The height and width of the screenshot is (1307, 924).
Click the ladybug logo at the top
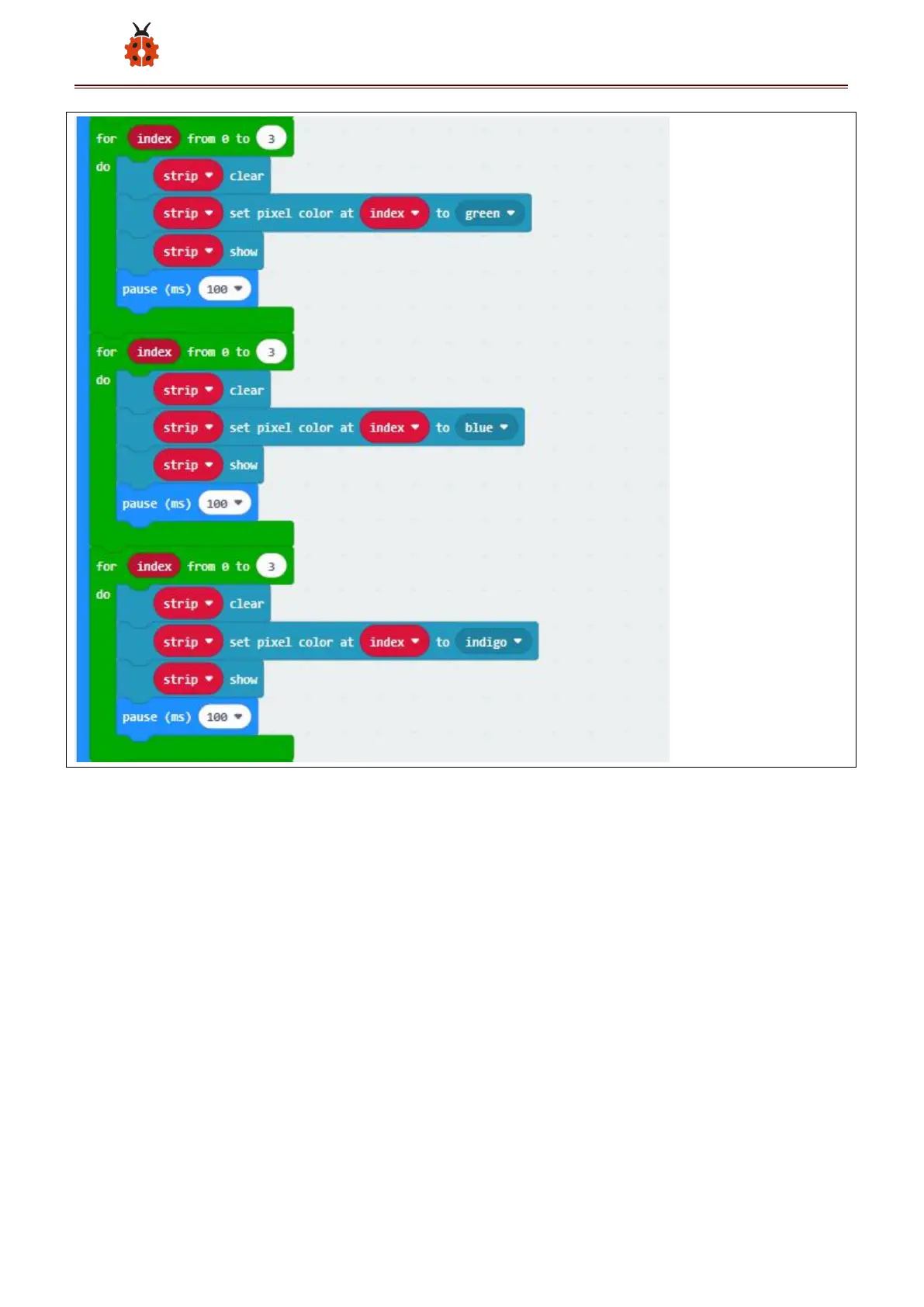[x=141, y=45]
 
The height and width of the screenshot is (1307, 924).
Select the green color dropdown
[x=490, y=213]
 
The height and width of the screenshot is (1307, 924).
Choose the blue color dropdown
[x=486, y=428]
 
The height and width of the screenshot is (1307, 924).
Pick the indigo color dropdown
[x=493, y=642]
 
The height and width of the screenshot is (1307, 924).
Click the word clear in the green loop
[x=247, y=176]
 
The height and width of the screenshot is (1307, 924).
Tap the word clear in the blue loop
[x=247, y=390]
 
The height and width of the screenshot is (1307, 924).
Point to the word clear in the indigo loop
[x=247, y=604]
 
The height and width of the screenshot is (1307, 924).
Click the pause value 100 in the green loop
[x=224, y=289]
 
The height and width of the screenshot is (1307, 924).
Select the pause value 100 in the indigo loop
[x=224, y=717]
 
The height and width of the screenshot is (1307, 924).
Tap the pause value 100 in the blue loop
[x=224, y=504]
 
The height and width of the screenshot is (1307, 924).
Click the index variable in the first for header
[x=154, y=139]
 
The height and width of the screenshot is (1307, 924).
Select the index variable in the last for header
[x=154, y=567]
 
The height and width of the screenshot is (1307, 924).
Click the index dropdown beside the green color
[x=394, y=213]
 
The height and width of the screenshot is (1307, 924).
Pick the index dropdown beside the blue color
[x=394, y=428]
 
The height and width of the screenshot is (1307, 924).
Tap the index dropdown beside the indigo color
[x=394, y=642]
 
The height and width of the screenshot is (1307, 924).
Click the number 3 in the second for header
[x=271, y=352]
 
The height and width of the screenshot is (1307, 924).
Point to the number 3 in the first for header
[x=271, y=139]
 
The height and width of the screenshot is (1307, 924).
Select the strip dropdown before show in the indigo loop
[x=188, y=680]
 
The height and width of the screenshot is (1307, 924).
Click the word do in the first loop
[x=103, y=167]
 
